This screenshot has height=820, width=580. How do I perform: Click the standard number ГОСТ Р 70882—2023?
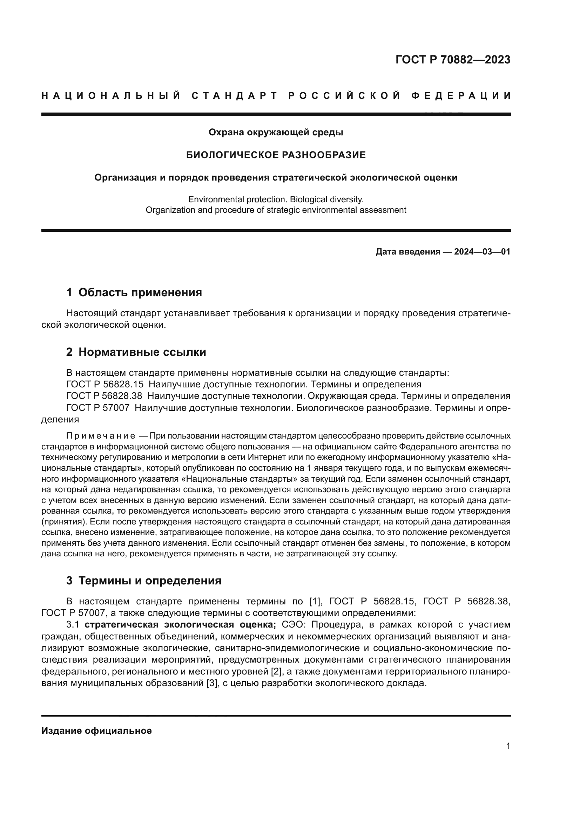[453, 60]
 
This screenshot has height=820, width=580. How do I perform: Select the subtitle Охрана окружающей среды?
[276, 133]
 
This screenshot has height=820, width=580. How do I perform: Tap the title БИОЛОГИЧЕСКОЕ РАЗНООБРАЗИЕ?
[276, 155]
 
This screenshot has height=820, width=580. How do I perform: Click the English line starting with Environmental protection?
[276, 199]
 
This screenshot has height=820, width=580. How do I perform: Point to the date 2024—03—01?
[482, 252]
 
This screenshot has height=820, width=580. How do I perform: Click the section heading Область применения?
[140, 292]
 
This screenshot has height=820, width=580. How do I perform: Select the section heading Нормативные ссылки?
[142, 352]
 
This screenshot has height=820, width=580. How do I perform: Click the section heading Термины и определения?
[150, 581]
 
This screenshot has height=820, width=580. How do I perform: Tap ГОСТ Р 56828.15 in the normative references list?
[104, 385]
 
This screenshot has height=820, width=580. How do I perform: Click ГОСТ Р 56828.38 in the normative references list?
[104, 396]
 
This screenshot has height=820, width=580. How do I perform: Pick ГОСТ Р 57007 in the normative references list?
[97, 408]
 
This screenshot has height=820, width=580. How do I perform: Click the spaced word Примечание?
[101, 436]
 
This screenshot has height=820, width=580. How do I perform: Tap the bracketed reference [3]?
[212, 683]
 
